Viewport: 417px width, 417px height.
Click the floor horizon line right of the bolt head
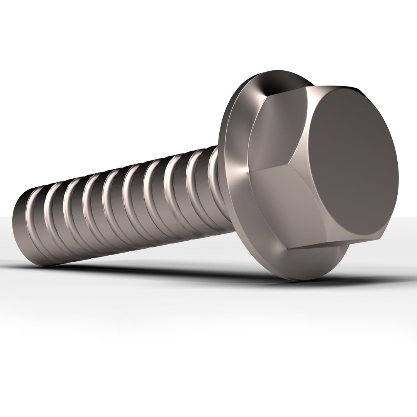tap(405, 217)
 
